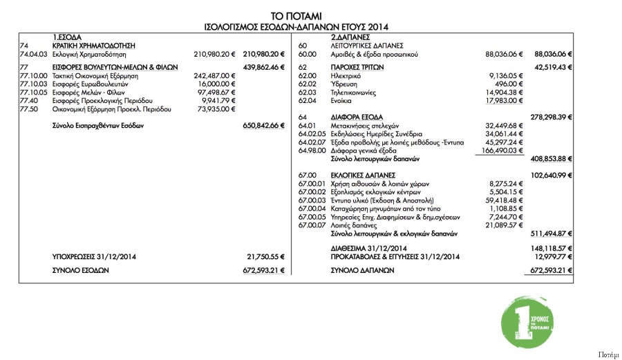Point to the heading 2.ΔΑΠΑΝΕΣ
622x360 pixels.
[x=351, y=36]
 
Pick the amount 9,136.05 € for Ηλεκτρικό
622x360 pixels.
[x=508, y=75]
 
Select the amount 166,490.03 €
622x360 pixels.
[x=502, y=150]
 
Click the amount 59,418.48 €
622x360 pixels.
[x=505, y=200]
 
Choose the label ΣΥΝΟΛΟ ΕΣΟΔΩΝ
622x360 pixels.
[x=81, y=270]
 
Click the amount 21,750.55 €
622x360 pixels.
[x=266, y=256]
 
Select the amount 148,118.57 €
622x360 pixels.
[x=552, y=247]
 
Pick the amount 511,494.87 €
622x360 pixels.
[x=552, y=233]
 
